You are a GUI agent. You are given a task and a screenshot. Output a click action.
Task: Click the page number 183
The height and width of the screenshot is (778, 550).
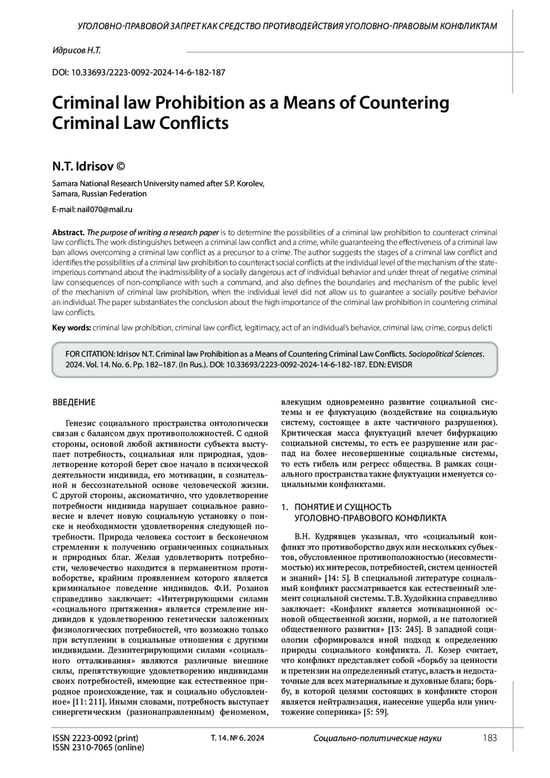(x=489, y=738)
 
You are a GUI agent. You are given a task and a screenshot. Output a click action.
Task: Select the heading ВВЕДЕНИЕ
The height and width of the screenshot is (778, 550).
(x=74, y=403)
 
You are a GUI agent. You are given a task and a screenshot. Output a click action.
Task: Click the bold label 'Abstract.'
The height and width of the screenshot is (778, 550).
(x=68, y=232)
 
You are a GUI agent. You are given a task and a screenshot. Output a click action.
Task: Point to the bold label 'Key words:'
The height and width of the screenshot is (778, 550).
(x=71, y=328)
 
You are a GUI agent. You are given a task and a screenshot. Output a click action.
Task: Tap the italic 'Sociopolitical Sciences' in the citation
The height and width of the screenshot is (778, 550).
(x=445, y=354)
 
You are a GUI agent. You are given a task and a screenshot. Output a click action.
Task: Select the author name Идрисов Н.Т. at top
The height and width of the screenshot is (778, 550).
(x=77, y=50)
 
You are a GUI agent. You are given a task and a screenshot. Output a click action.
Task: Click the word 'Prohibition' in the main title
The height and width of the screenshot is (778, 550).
(x=198, y=103)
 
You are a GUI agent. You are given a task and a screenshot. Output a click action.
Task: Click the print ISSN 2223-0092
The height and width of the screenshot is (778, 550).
(x=95, y=738)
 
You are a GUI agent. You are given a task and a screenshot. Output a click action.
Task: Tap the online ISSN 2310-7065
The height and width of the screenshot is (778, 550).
(x=98, y=747)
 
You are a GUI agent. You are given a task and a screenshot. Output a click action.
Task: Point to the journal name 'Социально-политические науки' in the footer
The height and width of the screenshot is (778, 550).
(x=377, y=738)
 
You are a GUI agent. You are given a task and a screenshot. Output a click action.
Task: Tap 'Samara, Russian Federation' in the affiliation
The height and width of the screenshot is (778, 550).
(x=99, y=193)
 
